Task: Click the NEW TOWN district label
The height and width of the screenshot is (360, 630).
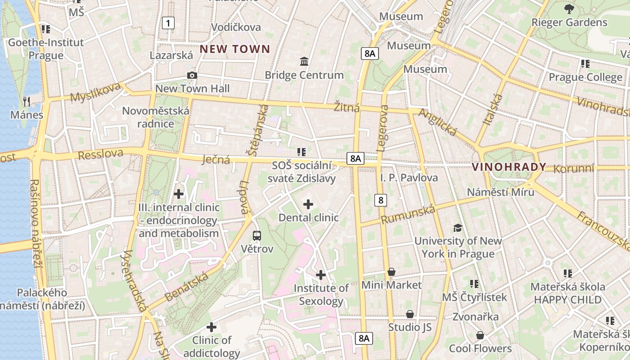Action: [x=235, y=49]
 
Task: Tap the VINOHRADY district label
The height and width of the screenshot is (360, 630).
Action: [x=508, y=167]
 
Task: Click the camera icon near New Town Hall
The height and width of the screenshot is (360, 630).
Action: [x=192, y=75]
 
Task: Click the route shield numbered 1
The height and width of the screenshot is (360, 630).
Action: [x=168, y=23]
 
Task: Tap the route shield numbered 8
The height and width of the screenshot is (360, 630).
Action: [x=381, y=200]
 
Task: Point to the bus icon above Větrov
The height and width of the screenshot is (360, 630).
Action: [x=257, y=235]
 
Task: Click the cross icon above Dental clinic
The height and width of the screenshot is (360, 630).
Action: [x=308, y=205]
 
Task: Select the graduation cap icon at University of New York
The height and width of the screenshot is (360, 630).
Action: [x=458, y=228]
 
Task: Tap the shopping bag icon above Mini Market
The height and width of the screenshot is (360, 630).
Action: [x=391, y=272]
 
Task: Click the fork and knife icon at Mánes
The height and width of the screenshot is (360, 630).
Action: [x=27, y=102]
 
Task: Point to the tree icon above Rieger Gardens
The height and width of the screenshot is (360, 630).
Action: [x=569, y=9]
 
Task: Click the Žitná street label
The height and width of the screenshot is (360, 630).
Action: [x=346, y=108]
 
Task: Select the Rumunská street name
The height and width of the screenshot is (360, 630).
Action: [x=408, y=214]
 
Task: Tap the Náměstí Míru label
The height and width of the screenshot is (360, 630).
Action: [x=500, y=192]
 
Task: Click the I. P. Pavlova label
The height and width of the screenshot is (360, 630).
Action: [x=409, y=178]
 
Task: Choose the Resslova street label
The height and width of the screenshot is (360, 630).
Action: [x=100, y=154]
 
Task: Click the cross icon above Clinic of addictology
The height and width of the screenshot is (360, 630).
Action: [x=211, y=327]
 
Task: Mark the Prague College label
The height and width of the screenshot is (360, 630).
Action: [x=585, y=77]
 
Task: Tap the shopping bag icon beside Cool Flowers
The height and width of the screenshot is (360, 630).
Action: [x=480, y=335]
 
